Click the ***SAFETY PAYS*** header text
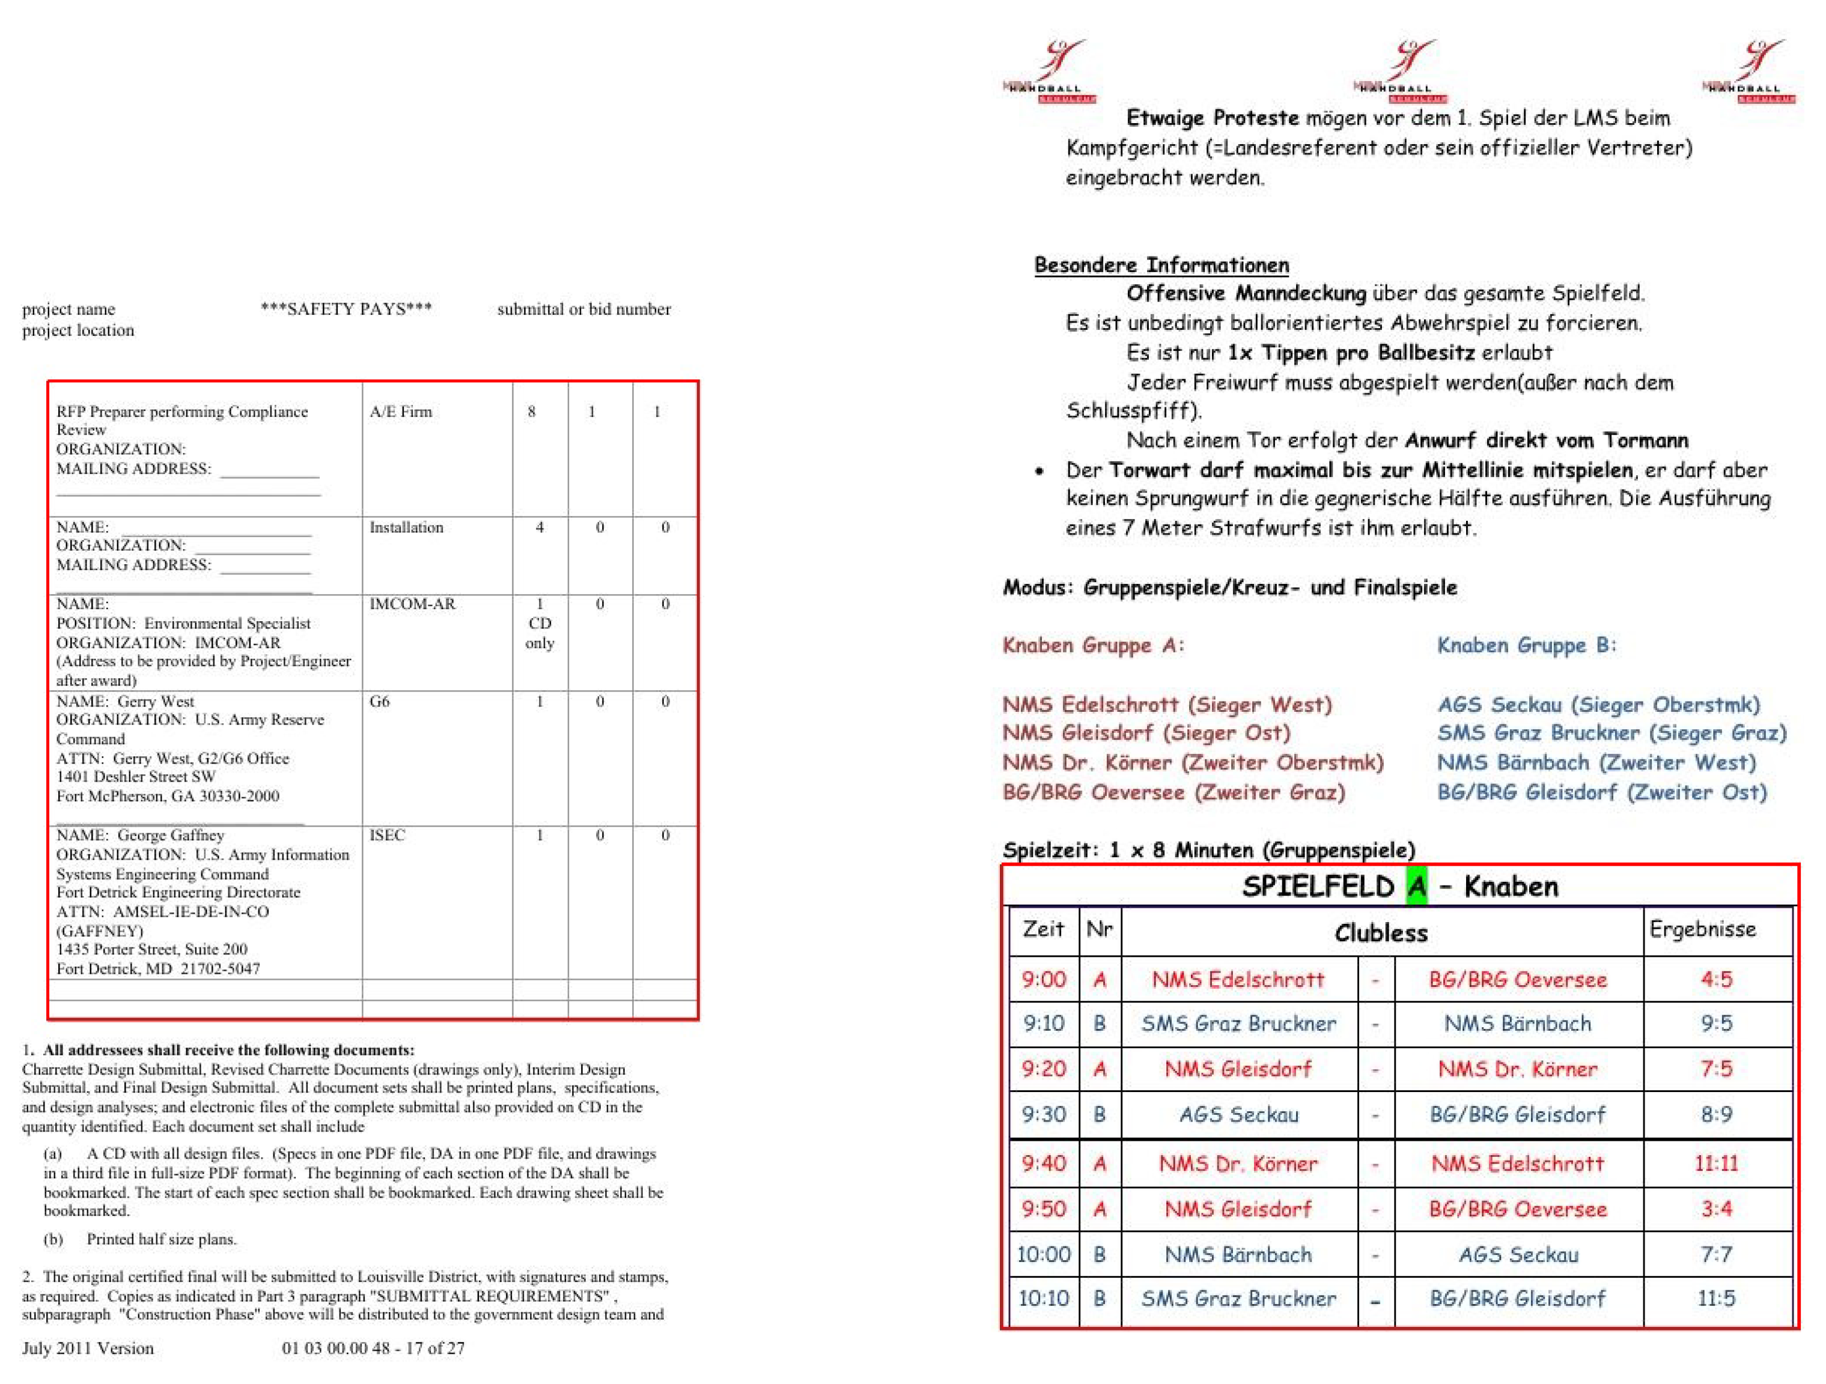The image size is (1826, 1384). pos(346,309)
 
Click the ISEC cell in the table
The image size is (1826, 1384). pos(386,834)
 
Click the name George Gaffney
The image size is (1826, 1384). pos(170,834)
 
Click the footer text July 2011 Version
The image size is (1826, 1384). pos(88,1348)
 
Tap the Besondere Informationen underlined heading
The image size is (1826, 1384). pos(1161,265)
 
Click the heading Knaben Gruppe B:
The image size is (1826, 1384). pos(1526,645)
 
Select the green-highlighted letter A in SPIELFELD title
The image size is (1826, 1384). pos(1417,887)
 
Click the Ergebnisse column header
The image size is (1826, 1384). pos(1702,929)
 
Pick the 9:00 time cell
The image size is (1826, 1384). pos(1044,980)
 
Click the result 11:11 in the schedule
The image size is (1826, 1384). pos(1716,1164)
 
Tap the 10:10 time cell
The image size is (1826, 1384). pos(1044,1298)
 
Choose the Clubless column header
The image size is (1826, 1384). pos(1381,932)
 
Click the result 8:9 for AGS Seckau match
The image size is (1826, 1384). pos(1716,1115)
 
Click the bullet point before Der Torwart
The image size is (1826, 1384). pos(1039,471)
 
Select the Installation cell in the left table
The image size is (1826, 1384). pos(406,527)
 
